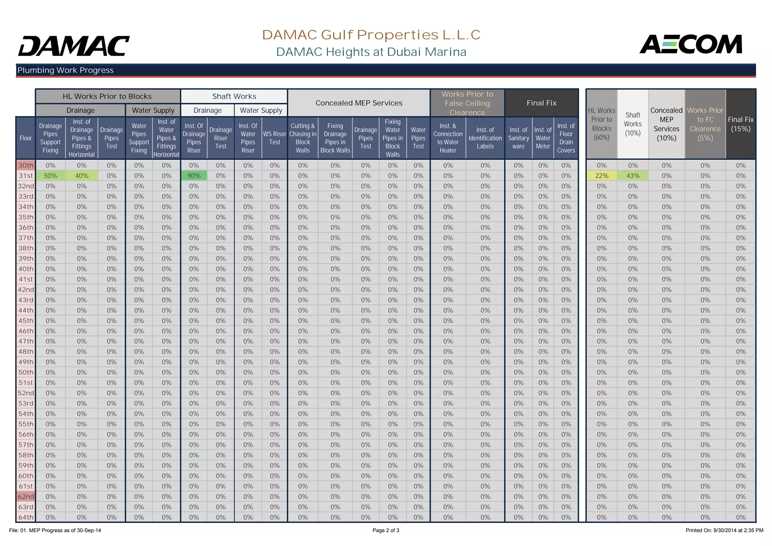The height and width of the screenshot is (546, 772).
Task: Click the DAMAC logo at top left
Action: [x=74, y=46]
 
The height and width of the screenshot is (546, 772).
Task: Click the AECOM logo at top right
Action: [x=691, y=44]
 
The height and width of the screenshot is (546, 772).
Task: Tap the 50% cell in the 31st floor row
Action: [x=51, y=176]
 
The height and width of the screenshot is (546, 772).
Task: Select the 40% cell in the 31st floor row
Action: [x=81, y=176]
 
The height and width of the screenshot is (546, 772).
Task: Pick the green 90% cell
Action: [x=194, y=176]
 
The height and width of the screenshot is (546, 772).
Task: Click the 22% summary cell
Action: [x=602, y=176]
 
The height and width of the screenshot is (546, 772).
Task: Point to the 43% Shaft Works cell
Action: [x=633, y=176]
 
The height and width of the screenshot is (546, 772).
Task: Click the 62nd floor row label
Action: [x=26, y=497]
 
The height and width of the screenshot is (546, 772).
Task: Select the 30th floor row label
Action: [x=26, y=165]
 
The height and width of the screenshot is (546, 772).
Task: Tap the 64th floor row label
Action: [x=26, y=517]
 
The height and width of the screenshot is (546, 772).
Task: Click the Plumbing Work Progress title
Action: [x=66, y=70]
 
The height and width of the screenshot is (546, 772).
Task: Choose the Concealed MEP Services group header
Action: [x=359, y=103]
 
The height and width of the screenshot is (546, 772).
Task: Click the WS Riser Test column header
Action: [x=274, y=138]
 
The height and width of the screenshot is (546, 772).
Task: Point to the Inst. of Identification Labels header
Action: [x=485, y=138]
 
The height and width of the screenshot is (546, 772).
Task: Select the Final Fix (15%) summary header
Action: [x=741, y=124]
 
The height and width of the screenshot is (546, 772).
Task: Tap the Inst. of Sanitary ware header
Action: [x=518, y=138]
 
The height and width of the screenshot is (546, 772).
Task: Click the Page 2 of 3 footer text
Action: [x=386, y=531]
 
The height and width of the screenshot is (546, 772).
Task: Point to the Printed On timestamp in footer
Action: [x=724, y=531]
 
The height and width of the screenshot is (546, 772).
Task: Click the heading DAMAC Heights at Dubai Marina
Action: [x=371, y=52]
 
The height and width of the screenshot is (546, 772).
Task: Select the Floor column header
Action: [x=26, y=138]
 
